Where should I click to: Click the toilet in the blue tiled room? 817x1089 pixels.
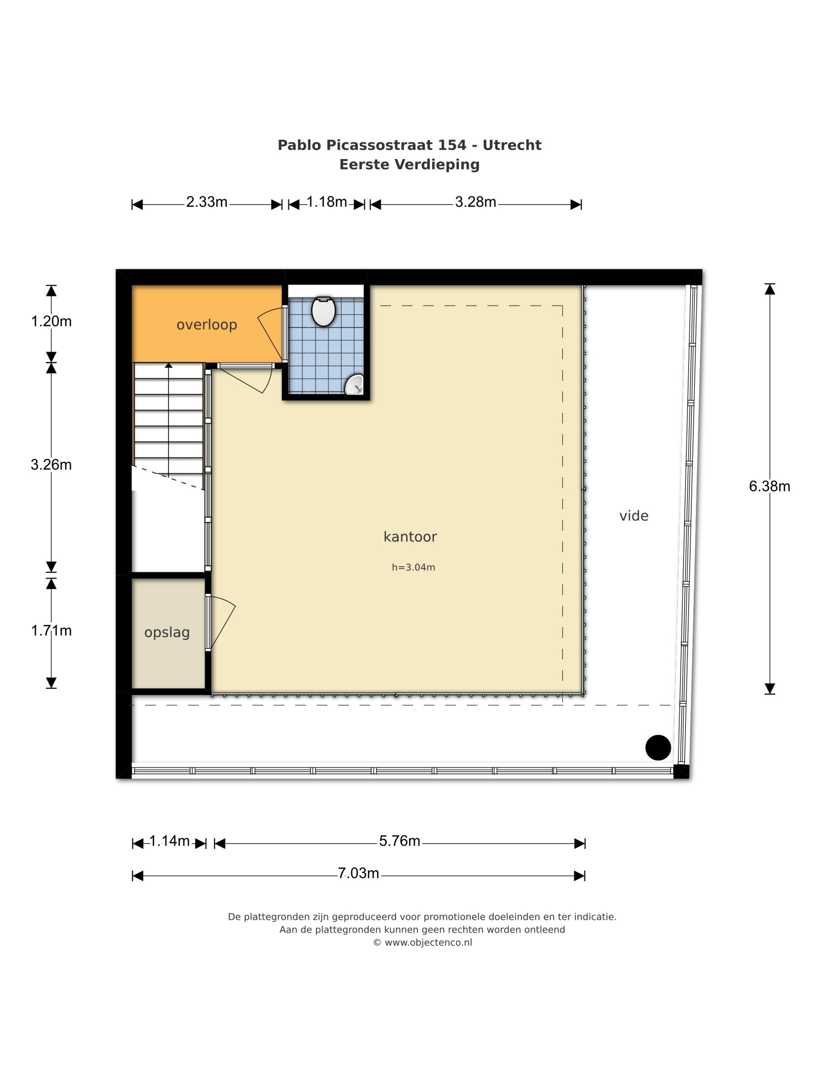(323, 311)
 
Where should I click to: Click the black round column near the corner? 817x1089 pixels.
(658, 747)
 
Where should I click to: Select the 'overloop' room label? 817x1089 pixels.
(207, 325)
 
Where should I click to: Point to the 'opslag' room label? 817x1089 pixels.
(167, 633)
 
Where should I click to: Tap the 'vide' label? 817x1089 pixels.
(634, 516)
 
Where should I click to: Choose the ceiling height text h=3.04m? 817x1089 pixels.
(413, 567)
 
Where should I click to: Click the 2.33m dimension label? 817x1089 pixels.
(207, 202)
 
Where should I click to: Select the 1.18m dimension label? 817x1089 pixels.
(327, 202)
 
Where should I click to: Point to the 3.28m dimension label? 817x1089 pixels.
(475, 202)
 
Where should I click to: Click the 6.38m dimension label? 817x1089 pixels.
(769, 486)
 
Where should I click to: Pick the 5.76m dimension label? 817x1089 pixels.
(400, 841)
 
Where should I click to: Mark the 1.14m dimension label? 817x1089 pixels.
(169, 841)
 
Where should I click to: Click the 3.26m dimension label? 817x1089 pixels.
(51, 465)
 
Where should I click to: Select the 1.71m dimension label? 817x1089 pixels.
(51, 631)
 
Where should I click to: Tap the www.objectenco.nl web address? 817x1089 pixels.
(428, 942)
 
